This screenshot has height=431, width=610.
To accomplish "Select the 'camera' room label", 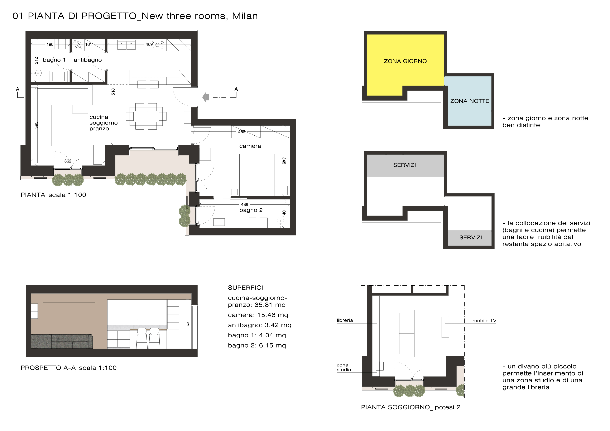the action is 250,146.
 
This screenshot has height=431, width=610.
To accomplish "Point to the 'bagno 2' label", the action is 251,210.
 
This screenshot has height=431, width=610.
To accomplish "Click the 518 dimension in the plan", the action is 113,92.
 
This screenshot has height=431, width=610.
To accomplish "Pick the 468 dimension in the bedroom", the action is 241,132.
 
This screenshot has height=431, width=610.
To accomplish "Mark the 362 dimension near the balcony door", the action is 68,161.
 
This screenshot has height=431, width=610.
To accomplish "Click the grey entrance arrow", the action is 206,97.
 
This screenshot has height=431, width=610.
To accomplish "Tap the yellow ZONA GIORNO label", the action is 405,61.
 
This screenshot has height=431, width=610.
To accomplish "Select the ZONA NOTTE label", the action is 470,101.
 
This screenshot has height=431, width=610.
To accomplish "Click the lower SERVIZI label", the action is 471,238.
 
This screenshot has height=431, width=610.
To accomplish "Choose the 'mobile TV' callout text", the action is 484,321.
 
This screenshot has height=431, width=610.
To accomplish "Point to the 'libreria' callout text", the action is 345,320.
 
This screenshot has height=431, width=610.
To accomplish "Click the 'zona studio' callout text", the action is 344,368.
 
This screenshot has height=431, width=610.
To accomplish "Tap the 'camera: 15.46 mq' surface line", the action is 258,315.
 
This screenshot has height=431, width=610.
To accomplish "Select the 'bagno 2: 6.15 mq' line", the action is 257,345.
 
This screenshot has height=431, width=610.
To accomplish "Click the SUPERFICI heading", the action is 245,288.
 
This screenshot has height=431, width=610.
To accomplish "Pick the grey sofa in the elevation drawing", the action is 62,342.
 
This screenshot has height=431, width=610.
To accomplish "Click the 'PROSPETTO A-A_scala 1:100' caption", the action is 68,368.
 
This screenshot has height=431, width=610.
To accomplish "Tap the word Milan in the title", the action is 245,16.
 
